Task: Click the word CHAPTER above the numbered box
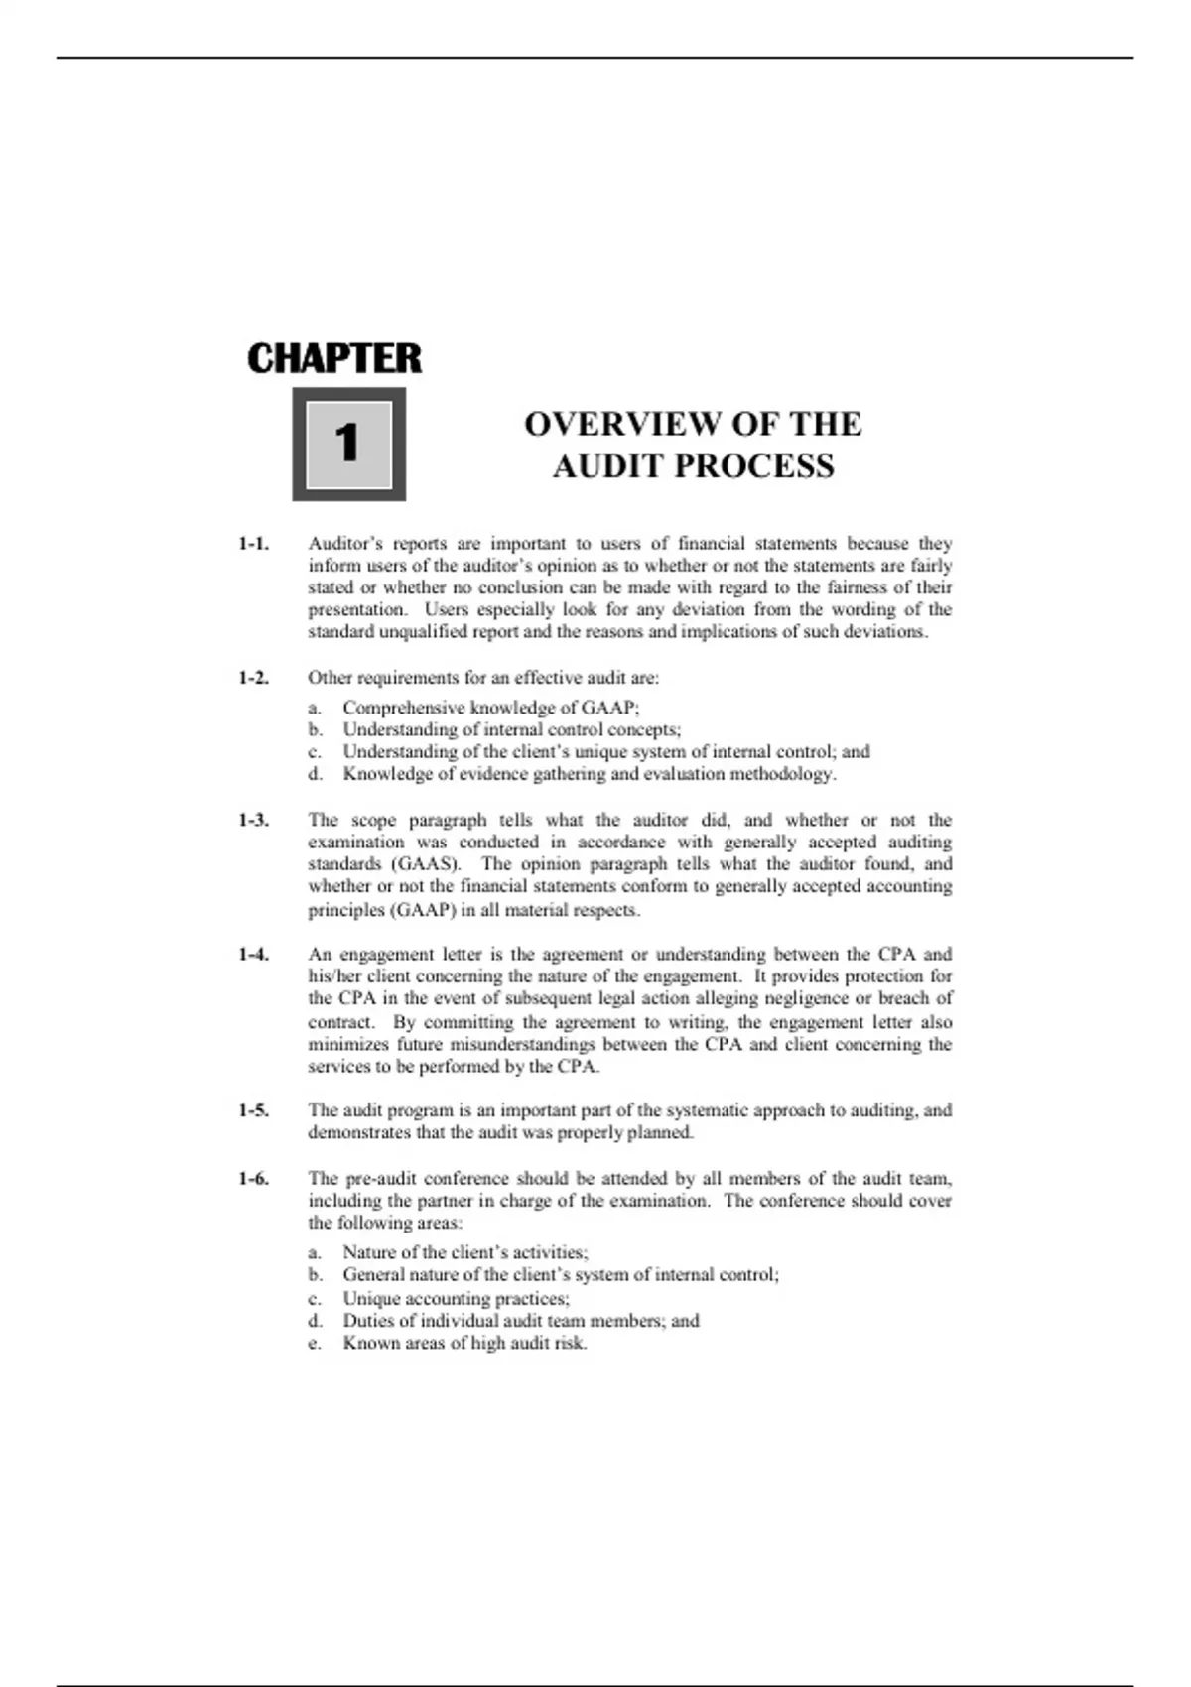click(334, 359)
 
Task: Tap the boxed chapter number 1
click(347, 444)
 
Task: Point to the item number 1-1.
click(253, 544)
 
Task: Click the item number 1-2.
click(253, 679)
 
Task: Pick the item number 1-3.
click(253, 821)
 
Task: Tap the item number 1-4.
click(253, 955)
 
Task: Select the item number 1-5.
click(253, 1111)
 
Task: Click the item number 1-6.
click(253, 1179)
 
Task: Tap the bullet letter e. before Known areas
click(315, 1344)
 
